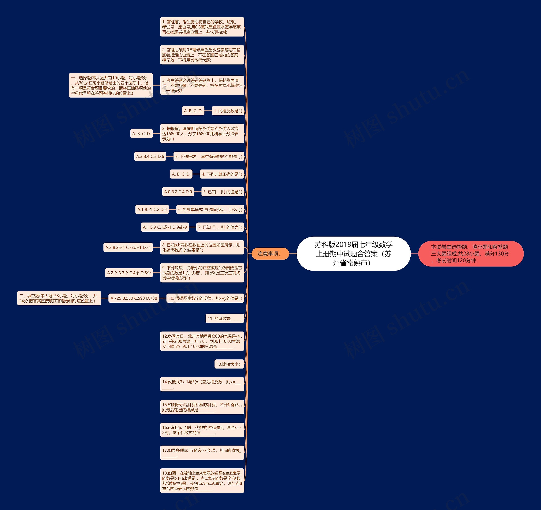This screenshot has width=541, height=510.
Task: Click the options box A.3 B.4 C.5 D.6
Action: click(x=150, y=156)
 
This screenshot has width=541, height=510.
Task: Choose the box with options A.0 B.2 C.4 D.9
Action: click(x=178, y=192)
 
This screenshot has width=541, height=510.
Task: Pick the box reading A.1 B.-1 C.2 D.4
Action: click(x=152, y=209)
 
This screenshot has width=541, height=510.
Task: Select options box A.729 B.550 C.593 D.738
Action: click(x=134, y=298)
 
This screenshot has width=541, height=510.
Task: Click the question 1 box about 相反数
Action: click(x=228, y=111)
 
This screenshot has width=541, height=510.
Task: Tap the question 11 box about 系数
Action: click(x=224, y=318)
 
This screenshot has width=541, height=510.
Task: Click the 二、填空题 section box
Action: click(x=59, y=298)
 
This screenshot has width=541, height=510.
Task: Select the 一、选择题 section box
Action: click(x=111, y=85)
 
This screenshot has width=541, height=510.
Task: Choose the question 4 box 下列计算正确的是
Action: click(x=222, y=174)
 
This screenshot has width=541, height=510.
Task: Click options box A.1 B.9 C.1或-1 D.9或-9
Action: click(x=165, y=227)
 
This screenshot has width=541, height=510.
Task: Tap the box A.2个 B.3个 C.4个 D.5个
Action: click(x=129, y=273)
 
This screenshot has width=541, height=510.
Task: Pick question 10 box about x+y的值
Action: click(x=205, y=298)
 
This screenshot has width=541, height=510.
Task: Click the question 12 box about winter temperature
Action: click(x=202, y=341)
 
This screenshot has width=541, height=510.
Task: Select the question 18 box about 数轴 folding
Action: click(x=202, y=481)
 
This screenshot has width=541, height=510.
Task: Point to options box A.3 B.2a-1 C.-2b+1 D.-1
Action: click(x=128, y=248)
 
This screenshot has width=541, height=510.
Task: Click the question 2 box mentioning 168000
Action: click(x=202, y=133)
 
